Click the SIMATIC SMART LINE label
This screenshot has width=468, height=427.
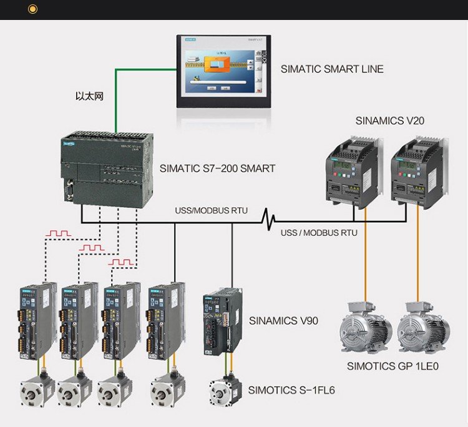pyautogui.click(x=332, y=69)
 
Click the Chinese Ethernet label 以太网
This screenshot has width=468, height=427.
pyautogui.click(x=89, y=97)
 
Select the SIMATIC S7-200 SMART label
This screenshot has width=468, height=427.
pyautogui.click(x=217, y=168)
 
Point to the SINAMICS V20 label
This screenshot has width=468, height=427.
pyautogui.click(x=390, y=120)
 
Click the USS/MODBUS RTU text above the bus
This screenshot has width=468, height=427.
pyautogui.click(x=211, y=210)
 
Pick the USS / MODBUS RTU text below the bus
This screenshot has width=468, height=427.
pyautogui.click(x=319, y=233)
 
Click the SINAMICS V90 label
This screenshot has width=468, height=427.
pyautogui.click(x=283, y=321)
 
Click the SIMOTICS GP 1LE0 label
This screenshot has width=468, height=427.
pyautogui.click(x=392, y=366)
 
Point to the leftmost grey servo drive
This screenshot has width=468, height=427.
pyautogui.click(x=37, y=321)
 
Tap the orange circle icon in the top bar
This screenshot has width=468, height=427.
pyautogui.click(x=33, y=9)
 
